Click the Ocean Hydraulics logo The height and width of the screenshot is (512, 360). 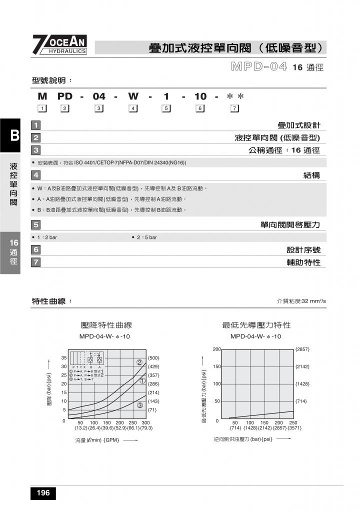pyautogui.click(x=60, y=44)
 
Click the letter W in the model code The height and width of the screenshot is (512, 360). pyautogui.click(x=133, y=96)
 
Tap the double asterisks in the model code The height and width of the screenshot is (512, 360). pyautogui.click(x=235, y=96)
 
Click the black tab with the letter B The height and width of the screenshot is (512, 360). pyautogui.click(x=14, y=135)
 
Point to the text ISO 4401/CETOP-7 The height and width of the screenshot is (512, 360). pyautogui.click(x=99, y=162)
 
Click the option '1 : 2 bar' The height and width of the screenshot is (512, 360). pyautogui.click(x=47, y=237)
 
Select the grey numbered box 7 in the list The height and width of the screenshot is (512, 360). pyautogui.click(x=35, y=262)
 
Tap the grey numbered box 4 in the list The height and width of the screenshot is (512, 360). pyautogui.click(x=35, y=175)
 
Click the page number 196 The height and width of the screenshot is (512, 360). pyautogui.click(x=43, y=493)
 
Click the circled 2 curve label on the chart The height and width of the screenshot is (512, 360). pyautogui.click(x=140, y=362)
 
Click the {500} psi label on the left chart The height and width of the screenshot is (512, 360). pyautogui.click(x=153, y=358)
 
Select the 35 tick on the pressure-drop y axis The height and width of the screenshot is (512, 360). pyautogui.click(x=64, y=358)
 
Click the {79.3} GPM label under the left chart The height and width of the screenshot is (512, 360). pyautogui.click(x=146, y=428)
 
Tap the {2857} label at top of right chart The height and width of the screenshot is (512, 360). pyautogui.click(x=302, y=349)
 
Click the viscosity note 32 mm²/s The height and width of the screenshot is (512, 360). pyautogui.click(x=301, y=301)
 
